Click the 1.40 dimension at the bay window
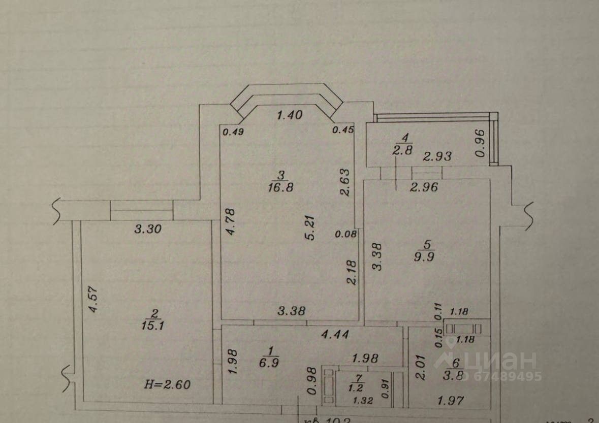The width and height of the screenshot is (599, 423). pos(289,115)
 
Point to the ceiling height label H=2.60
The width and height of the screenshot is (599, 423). pos(167,384)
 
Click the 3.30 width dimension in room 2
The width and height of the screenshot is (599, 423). pos(147,229)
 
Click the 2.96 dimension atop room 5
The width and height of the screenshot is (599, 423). pos(424,187)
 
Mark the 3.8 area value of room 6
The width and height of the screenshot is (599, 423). pos(455,376)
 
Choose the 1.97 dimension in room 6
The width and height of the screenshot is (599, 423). pos(451,401)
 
